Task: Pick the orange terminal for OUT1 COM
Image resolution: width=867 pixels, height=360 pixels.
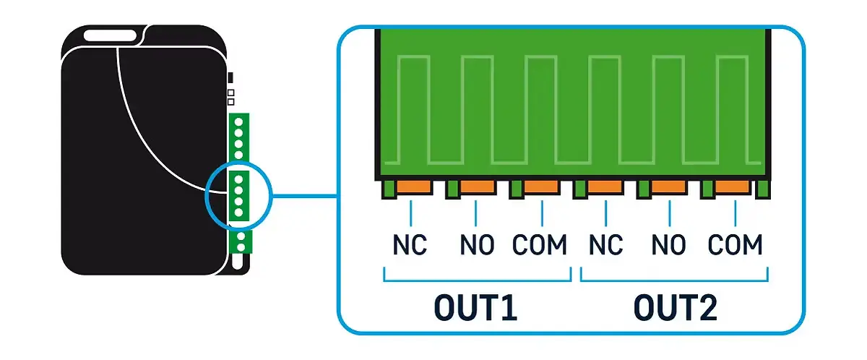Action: click(x=541, y=187)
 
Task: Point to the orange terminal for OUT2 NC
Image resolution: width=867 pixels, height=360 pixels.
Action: click(x=605, y=187)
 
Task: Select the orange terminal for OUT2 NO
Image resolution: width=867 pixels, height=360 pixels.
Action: click(x=668, y=187)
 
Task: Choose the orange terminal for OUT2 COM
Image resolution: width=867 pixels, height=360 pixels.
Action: click(x=733, y=187)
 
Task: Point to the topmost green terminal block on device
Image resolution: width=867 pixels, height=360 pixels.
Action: click(x=238, y=137)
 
